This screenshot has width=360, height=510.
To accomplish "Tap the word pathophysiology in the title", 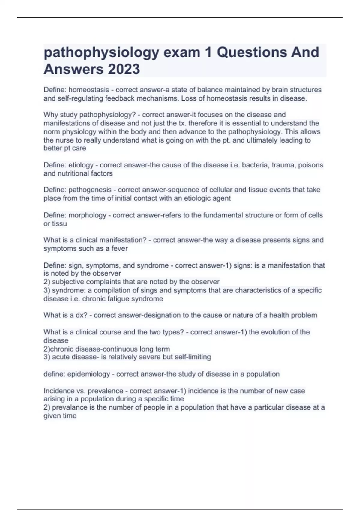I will click(x=101, y=52).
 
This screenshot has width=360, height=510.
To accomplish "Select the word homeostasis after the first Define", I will click(x=89, y=90).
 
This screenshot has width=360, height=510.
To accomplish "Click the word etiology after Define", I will click(x=81, y=165).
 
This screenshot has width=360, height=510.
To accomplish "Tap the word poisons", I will click(x=310, y=165).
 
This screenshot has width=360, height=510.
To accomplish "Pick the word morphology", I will click(x=87, y=215).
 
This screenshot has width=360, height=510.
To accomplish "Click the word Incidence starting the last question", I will click(x=57, y=391).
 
